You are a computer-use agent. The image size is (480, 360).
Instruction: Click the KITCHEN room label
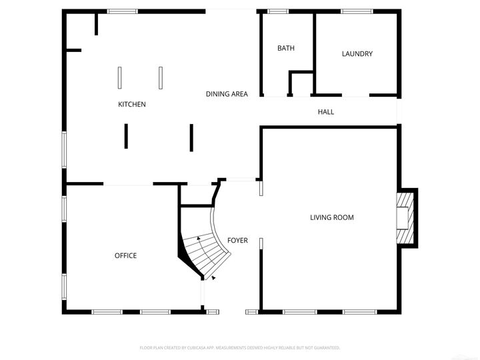coord(132,104)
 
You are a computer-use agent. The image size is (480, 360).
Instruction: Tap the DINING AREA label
coord(227,94)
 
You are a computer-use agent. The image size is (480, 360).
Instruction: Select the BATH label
coord(286,48)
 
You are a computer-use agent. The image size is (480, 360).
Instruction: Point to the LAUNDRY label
coord(357,54)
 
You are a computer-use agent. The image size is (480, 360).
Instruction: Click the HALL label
coord(326,112)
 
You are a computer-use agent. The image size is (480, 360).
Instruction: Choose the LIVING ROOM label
coord(332,217)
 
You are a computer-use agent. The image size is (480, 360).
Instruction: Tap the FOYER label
coord(237,241)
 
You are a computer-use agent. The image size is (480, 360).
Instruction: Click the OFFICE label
coord(125,255)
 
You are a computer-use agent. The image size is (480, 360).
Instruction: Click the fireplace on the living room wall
coord(405,219)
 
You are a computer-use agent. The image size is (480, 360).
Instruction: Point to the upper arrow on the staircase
coord(199,237)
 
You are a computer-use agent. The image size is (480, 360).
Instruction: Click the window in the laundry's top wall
coord(357,11)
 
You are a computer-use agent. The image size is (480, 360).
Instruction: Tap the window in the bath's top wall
coord(277,11)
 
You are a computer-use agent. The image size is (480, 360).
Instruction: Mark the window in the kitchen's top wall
coord(123,11)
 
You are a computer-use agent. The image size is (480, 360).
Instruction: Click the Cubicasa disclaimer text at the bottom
coord(240,347)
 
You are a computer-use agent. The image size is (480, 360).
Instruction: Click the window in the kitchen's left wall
coord(65,149)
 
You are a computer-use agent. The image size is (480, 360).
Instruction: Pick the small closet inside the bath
coord(301,84)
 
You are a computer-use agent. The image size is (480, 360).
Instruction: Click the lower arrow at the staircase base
coord(213,278)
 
